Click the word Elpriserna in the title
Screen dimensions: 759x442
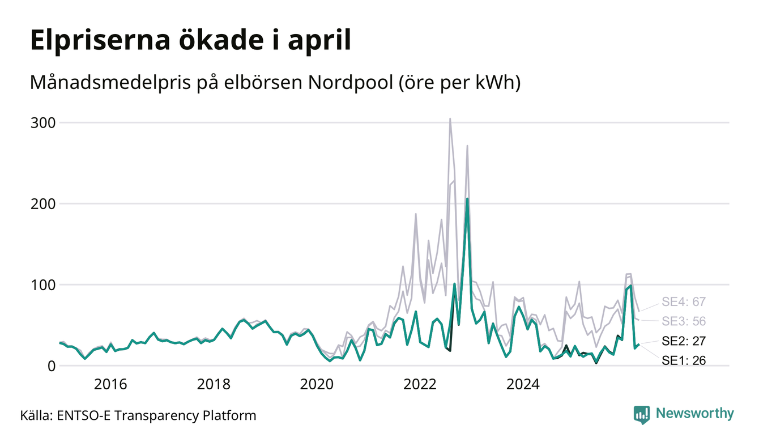(x=100, y=41)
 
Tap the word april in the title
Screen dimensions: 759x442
(x=319, y=41)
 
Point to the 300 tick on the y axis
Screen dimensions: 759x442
(x=43, y=123)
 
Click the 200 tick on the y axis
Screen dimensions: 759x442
(x=43, y=204)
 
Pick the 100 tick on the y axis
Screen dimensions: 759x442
(x=43, y=285)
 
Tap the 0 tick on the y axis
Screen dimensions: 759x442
(x=52, y=366)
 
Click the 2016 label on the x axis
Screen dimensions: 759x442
(x=110, y=384)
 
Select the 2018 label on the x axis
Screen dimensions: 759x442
(x=214, y=384)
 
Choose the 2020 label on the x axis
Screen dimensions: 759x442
(x=317, y=384)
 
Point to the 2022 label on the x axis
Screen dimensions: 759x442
(x=420, y=384)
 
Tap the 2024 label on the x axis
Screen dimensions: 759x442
(x=523, y=384)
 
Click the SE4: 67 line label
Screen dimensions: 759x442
(x=684, y=301)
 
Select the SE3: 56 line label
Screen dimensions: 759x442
(x=684, y=321)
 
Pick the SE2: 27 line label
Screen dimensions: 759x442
(x=684, y=341)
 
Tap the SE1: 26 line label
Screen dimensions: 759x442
(x=684, y=360)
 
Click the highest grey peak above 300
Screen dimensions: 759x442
(x=450, y=118)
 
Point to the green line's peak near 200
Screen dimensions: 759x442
(x=467, y=199)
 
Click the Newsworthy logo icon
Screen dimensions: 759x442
(x=642, y=415)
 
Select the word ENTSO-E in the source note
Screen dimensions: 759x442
(x=84, y=415)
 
